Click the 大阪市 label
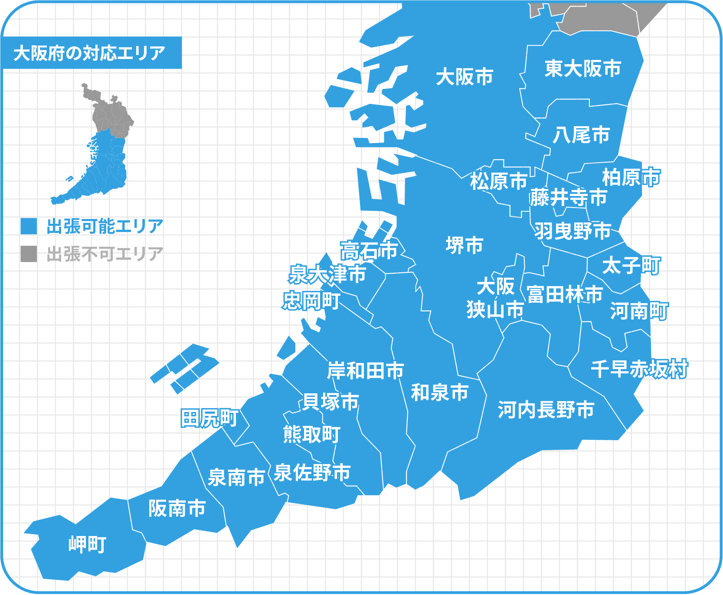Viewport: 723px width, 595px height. tap(464, 77)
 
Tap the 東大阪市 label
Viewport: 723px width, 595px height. tap(582, 69)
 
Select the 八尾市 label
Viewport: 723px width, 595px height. tap(581, 135)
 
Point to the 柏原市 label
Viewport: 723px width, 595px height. tap(631, 177)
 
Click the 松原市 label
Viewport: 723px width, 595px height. tap(498, 181)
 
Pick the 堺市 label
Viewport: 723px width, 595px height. tap(464, 245)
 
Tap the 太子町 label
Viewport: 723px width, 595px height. tap(631, 265)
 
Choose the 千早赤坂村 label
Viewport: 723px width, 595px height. tap(639, 369)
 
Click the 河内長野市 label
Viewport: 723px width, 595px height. tap(546, 410)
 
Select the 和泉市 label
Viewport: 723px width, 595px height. tap(439, 392)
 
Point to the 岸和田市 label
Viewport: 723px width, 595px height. tap(365, 371)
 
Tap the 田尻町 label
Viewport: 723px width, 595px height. tap(209, 418)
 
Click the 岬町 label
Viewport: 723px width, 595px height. tap(87, 544)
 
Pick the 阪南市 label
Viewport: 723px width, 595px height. tap(177, 508)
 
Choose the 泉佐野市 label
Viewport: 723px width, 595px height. tap(312, 472)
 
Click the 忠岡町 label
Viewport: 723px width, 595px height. tap(311, 301)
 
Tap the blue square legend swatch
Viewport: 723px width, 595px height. tap(29, 226)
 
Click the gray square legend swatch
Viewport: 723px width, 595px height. tap(29, 254)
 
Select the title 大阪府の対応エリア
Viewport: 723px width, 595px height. tap(90, 53)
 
